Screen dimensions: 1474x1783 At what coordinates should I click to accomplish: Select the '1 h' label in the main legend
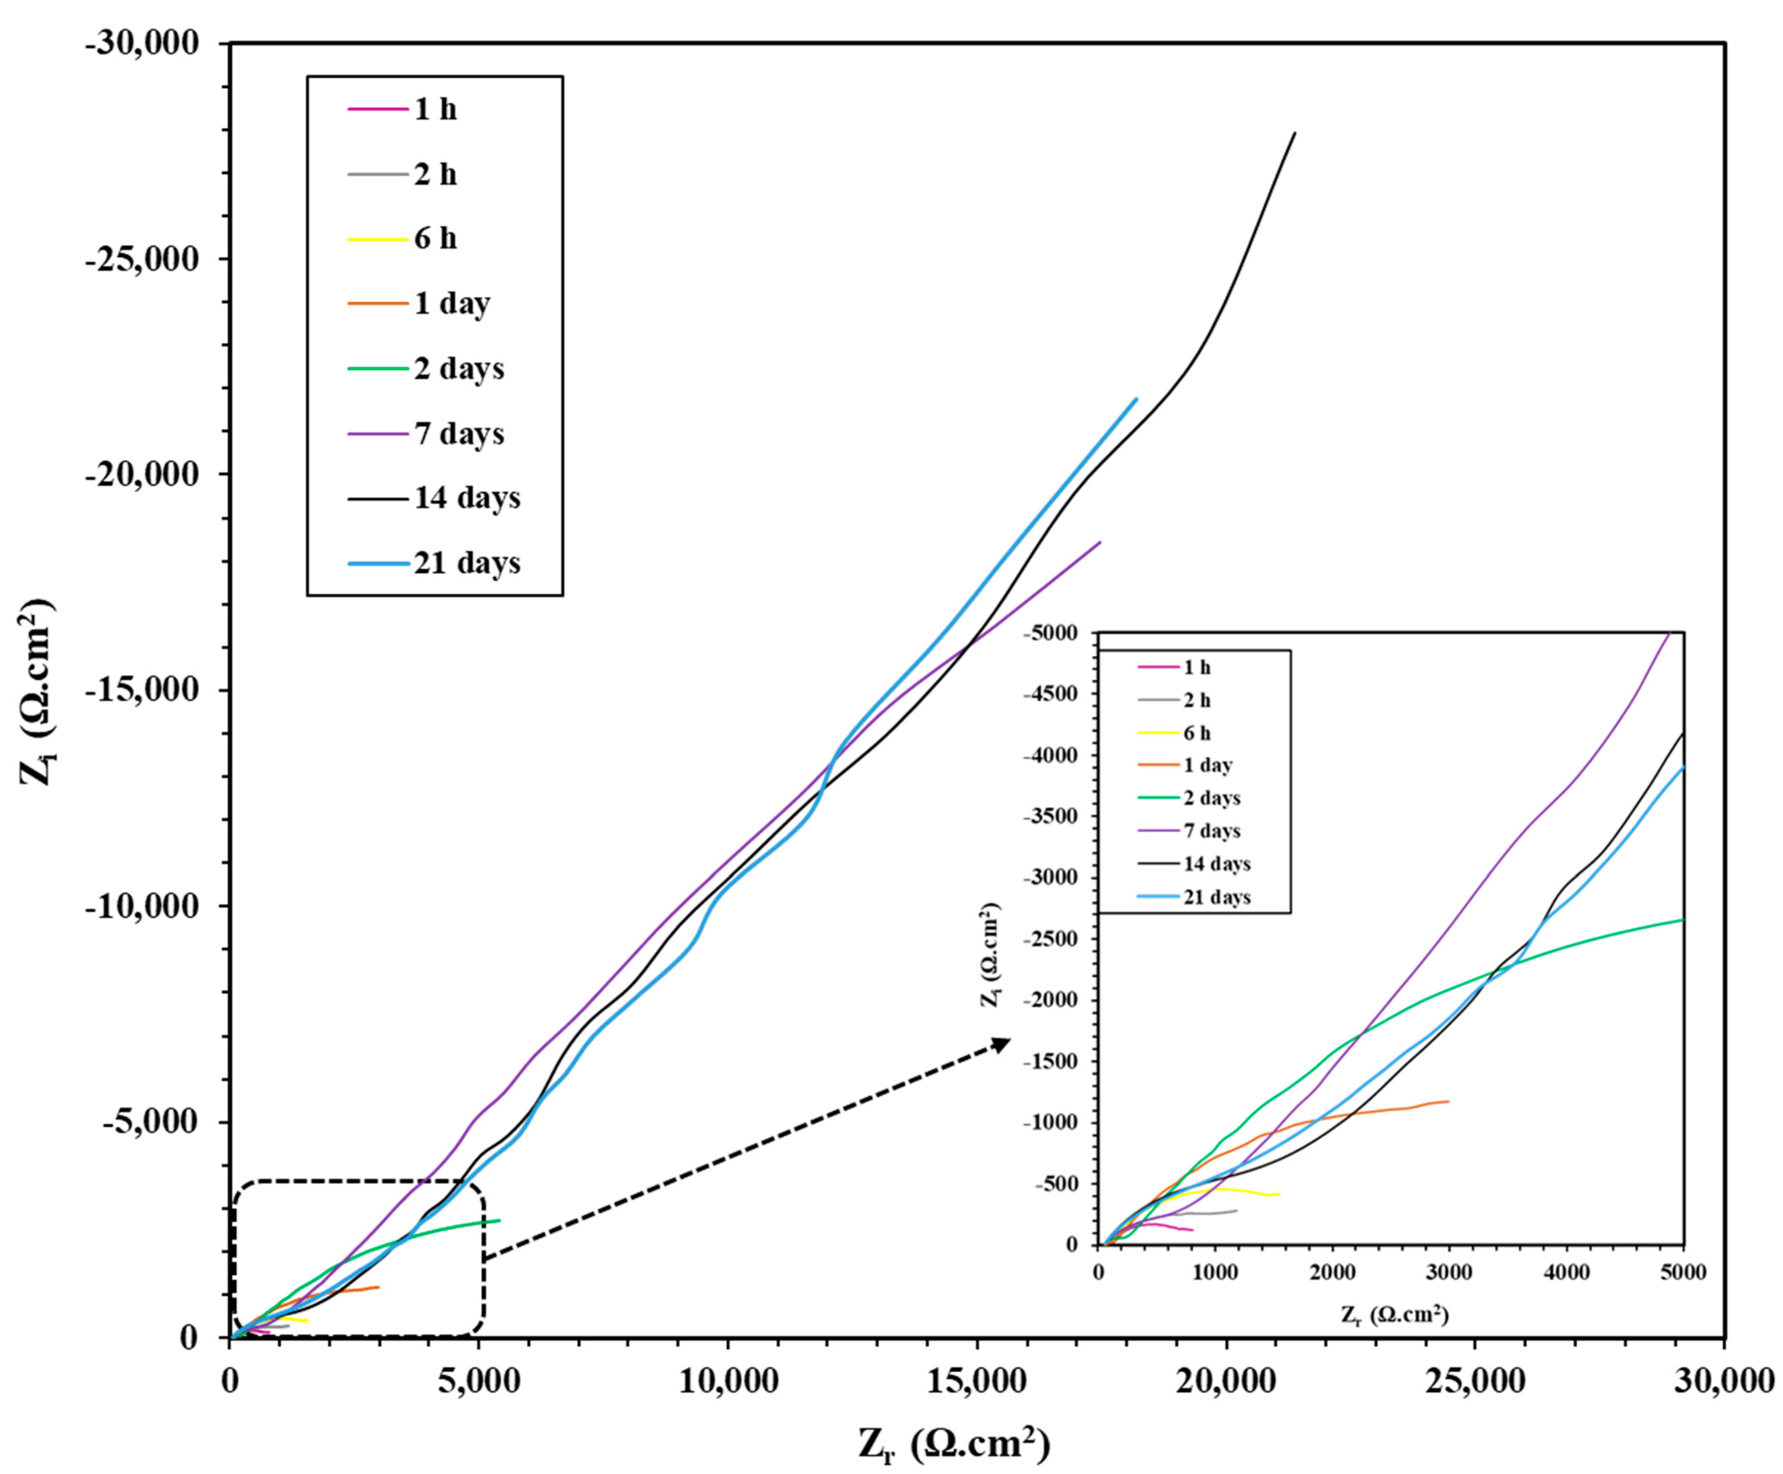tap(435, 110)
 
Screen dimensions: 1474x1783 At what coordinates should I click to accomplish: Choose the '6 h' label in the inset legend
tap(1197, 733)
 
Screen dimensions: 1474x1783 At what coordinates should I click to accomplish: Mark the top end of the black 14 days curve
tap(1295, 132)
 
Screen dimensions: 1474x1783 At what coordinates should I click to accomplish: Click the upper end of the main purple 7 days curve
tap(1101, 542)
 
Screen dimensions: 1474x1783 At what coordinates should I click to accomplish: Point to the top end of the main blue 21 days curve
tap(1136, 398)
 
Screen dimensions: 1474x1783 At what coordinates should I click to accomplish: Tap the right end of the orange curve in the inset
tap(1449, 1101)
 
